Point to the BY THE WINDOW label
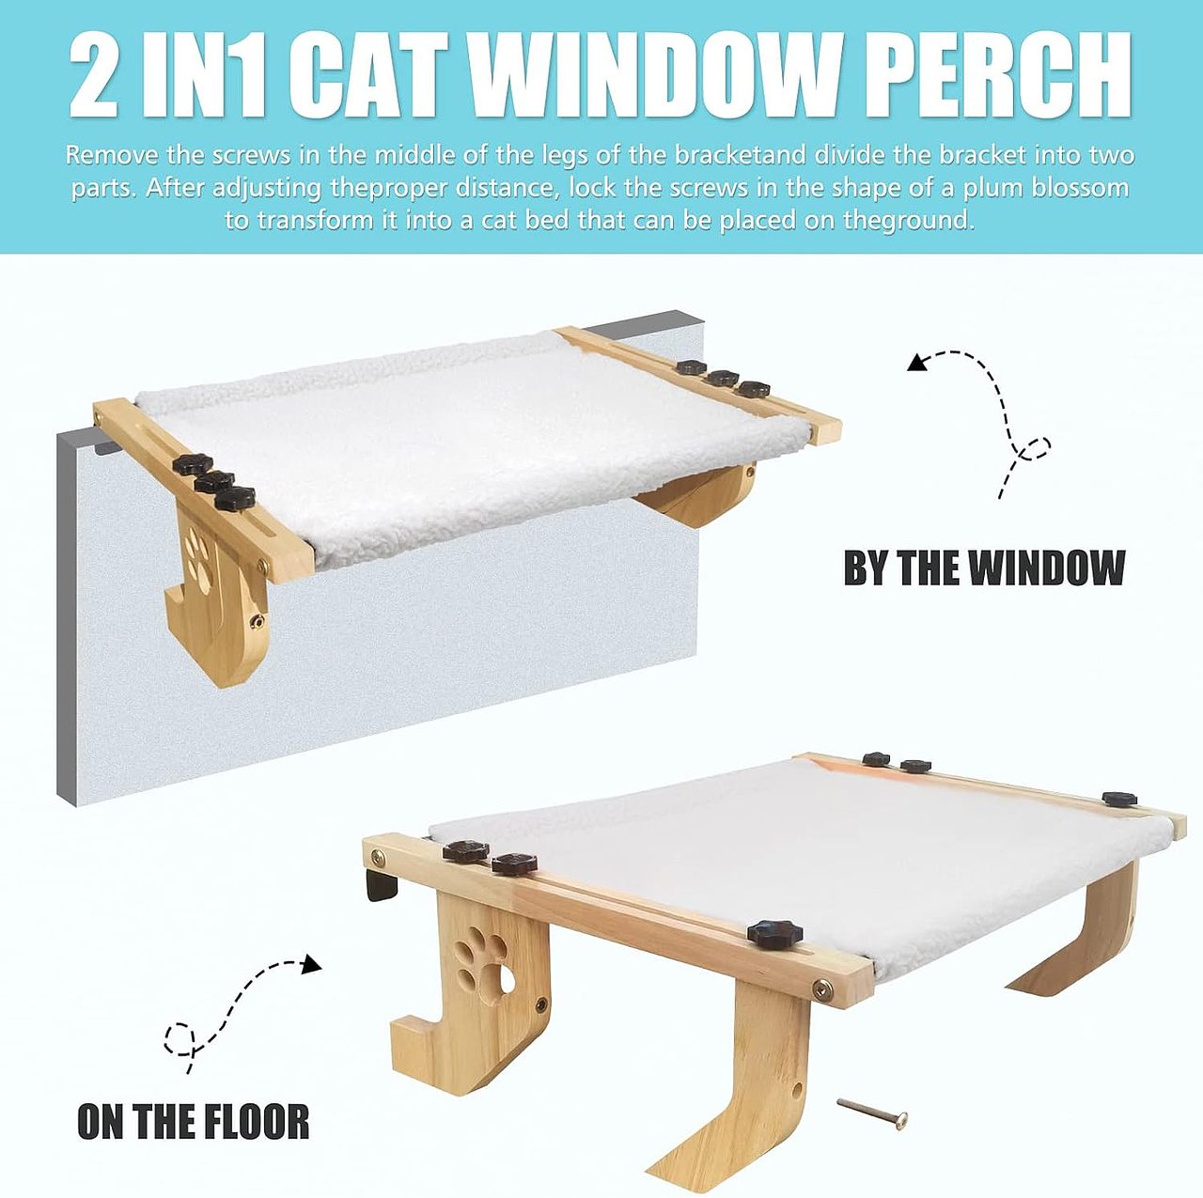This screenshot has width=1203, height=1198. pos(984,568)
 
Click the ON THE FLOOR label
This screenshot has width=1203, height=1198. pos(193,1122)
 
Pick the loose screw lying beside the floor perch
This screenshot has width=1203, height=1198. pos(872,1112)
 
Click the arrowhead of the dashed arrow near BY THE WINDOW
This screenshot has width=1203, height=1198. pos(917,362)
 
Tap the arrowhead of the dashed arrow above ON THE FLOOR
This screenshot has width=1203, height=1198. pos(312,964)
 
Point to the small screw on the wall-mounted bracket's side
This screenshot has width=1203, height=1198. pos(255,621)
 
